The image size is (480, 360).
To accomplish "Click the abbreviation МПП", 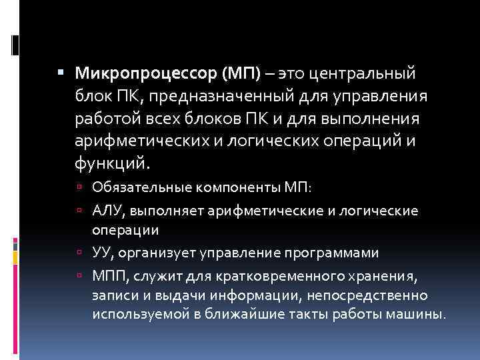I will coord(109,277).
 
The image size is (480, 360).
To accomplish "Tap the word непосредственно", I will coord(365,295).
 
